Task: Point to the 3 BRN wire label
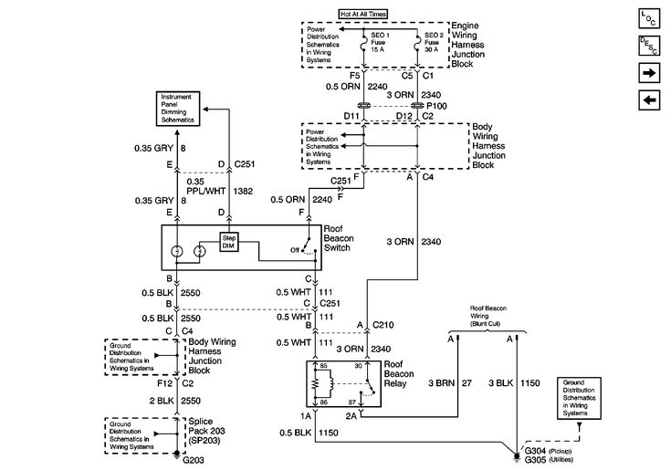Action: pos(441,382)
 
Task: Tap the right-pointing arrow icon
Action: pos(649,71)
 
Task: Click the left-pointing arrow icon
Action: pos(649,99)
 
